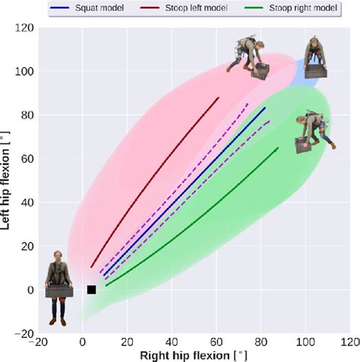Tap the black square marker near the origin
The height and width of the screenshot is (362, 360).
[x=91, y=290]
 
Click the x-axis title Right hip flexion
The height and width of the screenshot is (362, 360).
[x=193, y=355]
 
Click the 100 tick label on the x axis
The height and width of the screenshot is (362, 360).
[x=306, y=343]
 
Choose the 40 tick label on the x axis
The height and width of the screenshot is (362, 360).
[x=172, y=343]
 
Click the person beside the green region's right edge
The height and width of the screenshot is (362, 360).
[x=311, y=132]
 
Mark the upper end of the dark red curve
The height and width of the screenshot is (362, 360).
[x=219, y=97]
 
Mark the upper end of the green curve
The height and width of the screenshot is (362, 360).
[x=278, y=148]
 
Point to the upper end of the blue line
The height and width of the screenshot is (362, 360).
[x=265, y=108]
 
